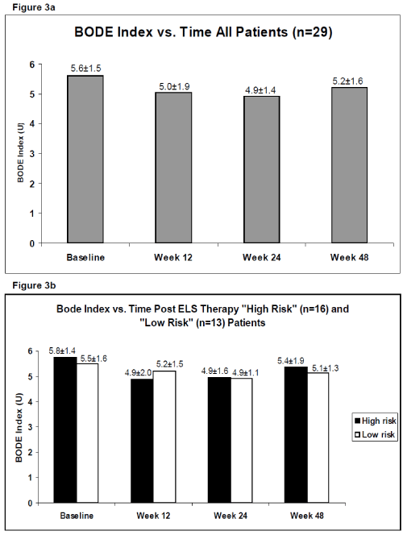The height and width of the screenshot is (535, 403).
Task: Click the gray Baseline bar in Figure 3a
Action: click(x=85, y=159)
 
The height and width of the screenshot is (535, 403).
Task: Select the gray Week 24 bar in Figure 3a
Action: click(x=262, y=169)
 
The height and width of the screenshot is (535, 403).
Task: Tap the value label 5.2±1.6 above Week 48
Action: click(x=347, y=81)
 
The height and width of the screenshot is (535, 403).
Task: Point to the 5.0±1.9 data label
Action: click(x=174, y=87)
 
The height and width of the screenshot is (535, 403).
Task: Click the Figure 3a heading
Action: click(x=33, y=7)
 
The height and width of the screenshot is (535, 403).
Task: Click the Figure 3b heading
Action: click(x=34, y=285)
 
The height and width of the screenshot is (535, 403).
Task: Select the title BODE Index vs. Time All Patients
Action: click(x=181, y=32)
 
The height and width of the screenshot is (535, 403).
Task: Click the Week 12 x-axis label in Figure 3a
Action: click(x=173, y=257)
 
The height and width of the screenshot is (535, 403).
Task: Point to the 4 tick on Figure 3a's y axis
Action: click(x=32, y=124)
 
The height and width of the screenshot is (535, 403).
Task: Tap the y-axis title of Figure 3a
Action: click(x=20, y=154)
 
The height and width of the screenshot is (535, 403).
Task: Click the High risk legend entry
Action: click(x=376, y=421)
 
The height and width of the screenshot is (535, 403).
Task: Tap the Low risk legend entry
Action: click(x=375, y=434)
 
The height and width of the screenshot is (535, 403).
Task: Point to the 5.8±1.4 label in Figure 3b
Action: click(x=62, y=350)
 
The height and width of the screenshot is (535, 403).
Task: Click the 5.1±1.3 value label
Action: click(x=325, y=368)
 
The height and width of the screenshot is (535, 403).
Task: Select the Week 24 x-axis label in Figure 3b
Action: click(x=231, y=515)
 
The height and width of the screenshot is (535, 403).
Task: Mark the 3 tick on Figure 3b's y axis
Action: click(x=30, y=427)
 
